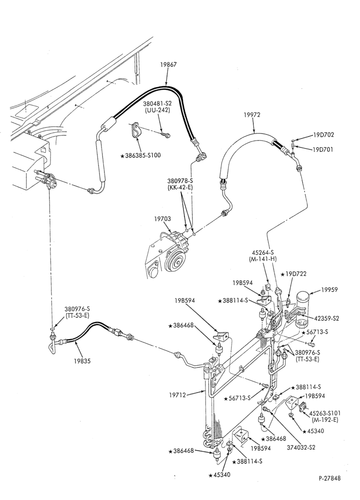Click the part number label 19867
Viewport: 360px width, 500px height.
tap(168, 64)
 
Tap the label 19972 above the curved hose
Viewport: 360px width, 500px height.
tap(252, 115)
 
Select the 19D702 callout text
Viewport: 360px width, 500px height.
tap(323, 135)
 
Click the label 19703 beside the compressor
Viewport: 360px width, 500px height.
tap(162, 219)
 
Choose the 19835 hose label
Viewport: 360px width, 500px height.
tap(82, 361)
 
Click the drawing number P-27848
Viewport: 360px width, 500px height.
tap(329, 478)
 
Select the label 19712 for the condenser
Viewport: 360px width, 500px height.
tap(177, 395)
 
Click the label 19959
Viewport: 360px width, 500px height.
tap(329, 290)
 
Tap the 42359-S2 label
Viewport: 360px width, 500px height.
tap(326, 318)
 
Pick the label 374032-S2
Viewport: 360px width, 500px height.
tap(301, 447)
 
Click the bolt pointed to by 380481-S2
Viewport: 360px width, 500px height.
tap(166, 135)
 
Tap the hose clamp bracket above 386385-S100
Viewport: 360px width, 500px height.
tap(136, 130)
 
